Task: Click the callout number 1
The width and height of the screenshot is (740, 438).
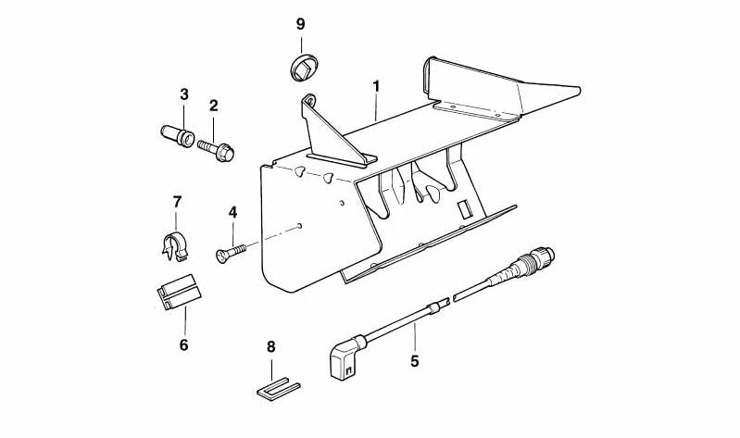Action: point(376,86)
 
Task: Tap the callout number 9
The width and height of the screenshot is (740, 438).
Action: point(301,24)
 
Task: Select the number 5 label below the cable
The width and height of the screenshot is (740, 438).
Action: point(414,361)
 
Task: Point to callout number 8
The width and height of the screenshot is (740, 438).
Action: point(270,347)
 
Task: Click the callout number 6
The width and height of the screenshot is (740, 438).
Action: point(183,345)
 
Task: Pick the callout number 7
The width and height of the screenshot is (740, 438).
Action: point(177,203)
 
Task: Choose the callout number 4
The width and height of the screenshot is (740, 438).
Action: point(232,212)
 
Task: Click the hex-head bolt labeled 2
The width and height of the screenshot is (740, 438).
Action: point(216,149)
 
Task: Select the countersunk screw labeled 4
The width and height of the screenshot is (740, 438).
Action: point(231,252)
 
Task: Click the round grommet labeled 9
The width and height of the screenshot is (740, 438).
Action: point(304,67)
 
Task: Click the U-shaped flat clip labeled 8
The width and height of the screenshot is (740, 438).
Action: point(279,388)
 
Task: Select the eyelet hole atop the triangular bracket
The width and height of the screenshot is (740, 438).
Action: point(309,100)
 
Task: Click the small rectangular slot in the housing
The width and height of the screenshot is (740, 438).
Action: point(465,208)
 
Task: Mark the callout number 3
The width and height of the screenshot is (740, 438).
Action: point(184,94)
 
